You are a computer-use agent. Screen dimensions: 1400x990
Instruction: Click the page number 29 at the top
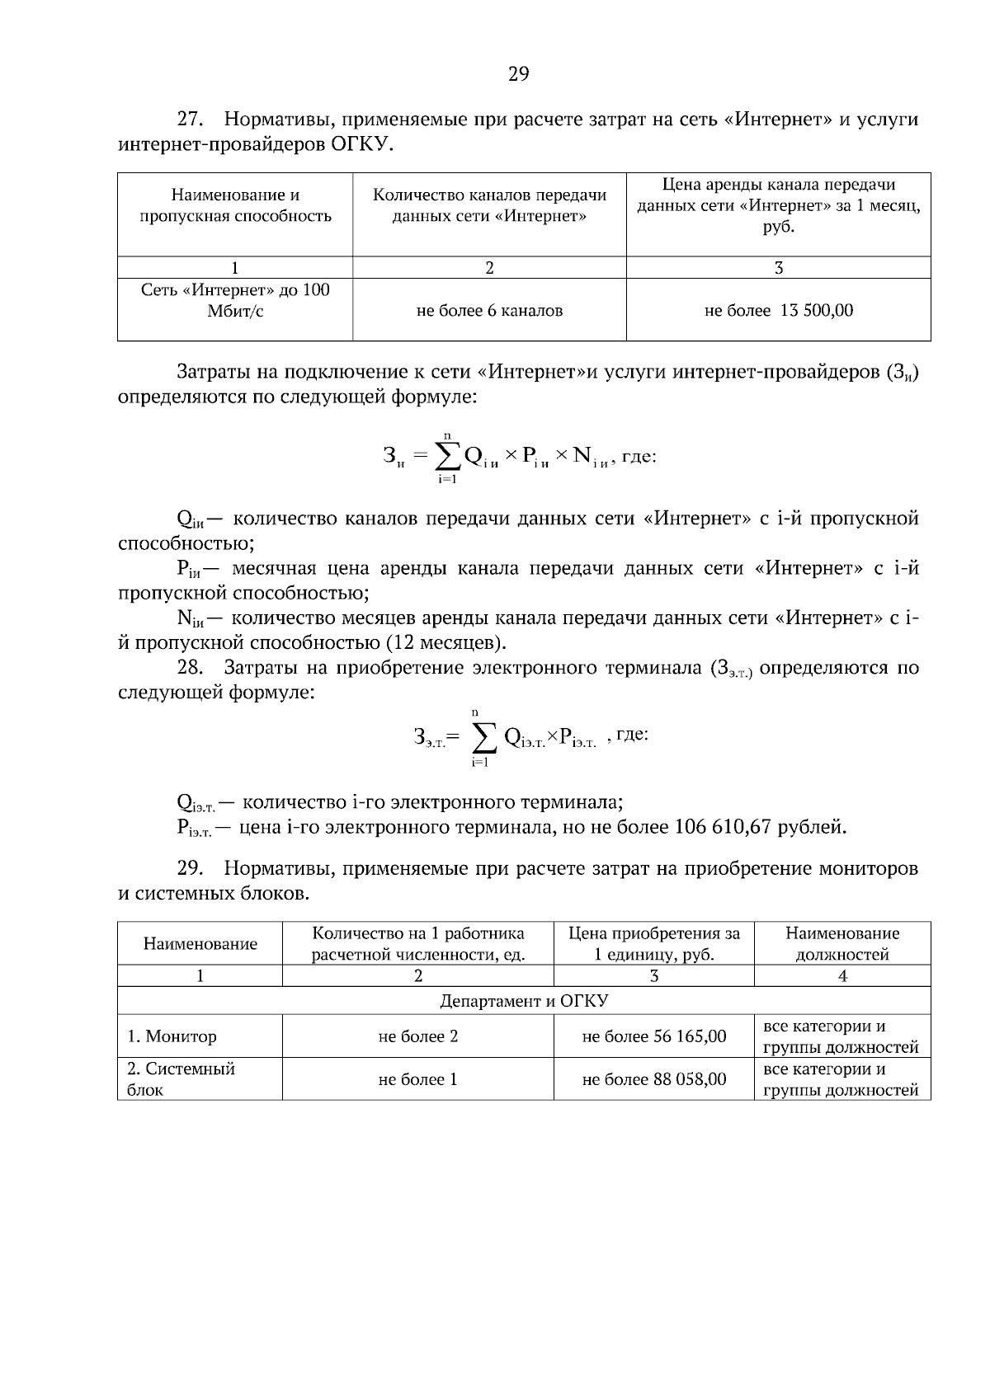coord(518,75)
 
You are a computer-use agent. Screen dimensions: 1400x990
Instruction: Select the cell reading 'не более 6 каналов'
coord(489,311)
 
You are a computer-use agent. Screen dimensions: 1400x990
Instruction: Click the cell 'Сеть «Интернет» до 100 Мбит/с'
coord(235,301)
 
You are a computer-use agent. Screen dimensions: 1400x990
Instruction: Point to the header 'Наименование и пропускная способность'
coord(235,205)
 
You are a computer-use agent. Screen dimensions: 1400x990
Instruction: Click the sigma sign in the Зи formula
coord(447,456)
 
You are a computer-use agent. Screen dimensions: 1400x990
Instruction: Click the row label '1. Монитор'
coord(172,1036)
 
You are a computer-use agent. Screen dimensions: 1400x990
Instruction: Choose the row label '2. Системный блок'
coord(181,1079)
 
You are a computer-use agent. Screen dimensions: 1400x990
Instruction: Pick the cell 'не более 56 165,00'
coord(653,1036)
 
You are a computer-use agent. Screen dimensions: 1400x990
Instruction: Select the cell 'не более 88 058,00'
coord(653,1079)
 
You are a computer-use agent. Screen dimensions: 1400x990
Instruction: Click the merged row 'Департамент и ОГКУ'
coord(523,1001)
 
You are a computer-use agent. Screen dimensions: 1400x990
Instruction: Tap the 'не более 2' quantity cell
coord(417,1036)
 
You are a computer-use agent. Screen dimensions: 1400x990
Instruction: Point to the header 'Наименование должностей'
coord(841,944)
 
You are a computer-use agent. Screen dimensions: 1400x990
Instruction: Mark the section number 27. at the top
coord(190,120)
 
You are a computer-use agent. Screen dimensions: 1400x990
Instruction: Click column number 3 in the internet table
coord(778,268)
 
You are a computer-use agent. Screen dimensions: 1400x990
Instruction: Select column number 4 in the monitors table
coord(841,976)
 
